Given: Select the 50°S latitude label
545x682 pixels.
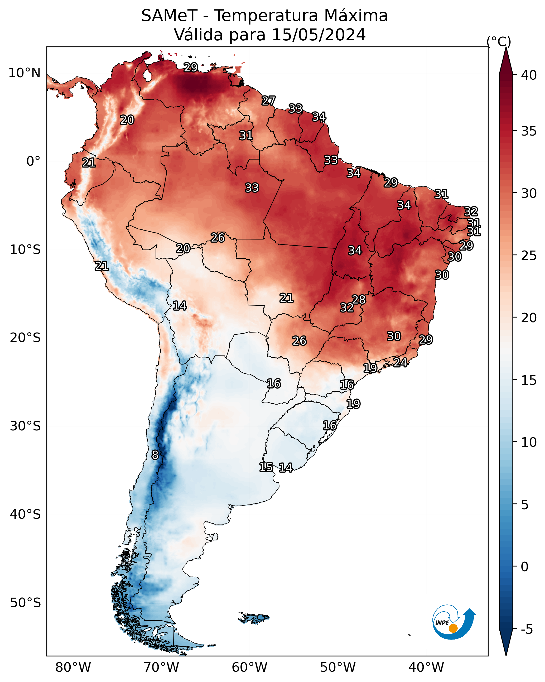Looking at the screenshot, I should (x=25, y=603).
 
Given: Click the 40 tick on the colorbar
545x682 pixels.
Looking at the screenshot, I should (x=529, y=75).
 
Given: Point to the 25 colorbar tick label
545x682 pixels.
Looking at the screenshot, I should (x=529, y=255).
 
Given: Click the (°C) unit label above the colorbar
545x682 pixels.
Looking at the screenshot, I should (x=499, y=41).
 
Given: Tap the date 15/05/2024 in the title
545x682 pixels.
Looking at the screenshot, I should (x=319, y=35).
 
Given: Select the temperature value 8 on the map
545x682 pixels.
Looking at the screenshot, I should (x=155, y=455).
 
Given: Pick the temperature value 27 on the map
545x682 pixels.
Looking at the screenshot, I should (x=268, y=100).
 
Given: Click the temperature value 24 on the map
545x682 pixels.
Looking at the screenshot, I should (x=400, y=362).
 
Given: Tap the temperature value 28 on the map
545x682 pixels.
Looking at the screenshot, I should (x=359, y=299).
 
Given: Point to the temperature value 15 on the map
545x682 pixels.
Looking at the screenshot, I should (x=266, y=467).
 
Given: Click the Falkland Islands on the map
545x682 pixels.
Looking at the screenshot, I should (x=254, y=617).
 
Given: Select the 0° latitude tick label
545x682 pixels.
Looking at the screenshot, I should (x=33, y=161).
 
